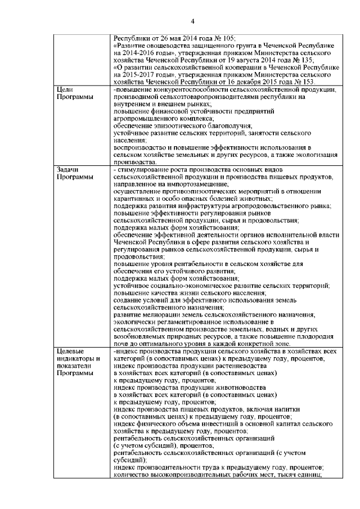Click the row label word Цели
(66, 89)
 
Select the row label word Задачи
(69, 169)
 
